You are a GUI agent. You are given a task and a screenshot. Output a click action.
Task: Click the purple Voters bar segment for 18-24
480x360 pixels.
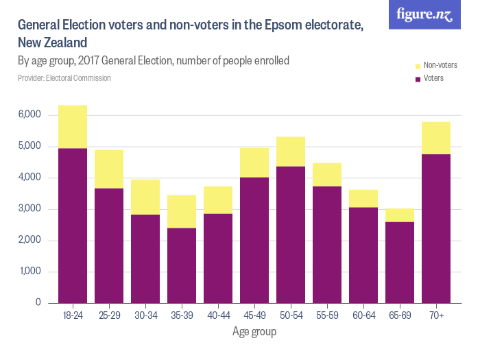click(73, 226)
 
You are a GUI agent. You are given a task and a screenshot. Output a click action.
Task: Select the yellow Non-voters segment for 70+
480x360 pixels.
click(436, 138)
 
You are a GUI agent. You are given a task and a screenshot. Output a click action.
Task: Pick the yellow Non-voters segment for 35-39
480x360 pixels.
click(182, 211)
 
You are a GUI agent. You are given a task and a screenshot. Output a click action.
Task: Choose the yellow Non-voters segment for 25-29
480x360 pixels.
click(109, 169)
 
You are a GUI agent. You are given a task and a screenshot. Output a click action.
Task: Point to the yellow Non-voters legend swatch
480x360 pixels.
click(417, 66)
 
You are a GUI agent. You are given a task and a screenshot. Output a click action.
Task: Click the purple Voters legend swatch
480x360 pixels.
click(417, 79)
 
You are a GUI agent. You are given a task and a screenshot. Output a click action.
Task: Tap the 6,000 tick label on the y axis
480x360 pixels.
click(29, 115)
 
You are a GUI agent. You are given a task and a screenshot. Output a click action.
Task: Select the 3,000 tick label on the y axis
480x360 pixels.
click(29, 209)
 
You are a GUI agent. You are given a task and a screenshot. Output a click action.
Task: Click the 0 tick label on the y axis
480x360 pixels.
click(38, 303)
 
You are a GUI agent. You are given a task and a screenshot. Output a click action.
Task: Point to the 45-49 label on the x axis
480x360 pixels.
click(254, 316)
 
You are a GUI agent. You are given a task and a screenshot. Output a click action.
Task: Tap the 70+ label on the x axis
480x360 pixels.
click(436, 316)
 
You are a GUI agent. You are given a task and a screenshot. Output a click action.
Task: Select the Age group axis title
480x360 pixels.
click(254, 333)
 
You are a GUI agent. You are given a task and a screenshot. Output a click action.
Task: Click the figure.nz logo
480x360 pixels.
click(424, 14)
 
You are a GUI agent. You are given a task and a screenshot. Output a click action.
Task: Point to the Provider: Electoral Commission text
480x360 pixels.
click(64, 78)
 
